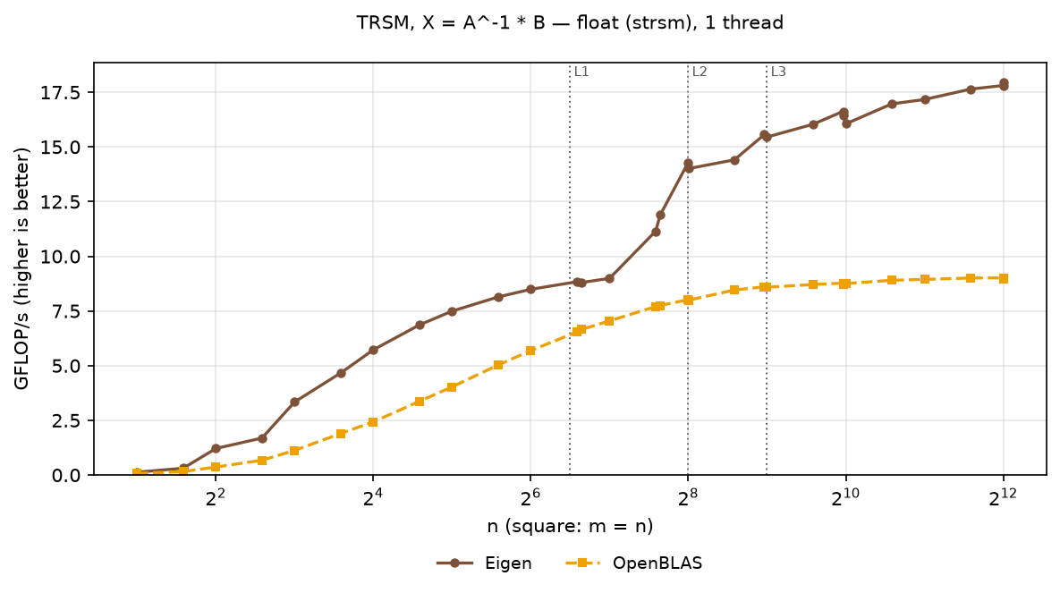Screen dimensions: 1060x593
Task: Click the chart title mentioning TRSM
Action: coord(570,23)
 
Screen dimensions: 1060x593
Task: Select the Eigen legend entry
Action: coord(484,563)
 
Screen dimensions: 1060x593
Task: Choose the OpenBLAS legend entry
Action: coord(633,563)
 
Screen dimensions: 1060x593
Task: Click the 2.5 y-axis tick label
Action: coord(66,420)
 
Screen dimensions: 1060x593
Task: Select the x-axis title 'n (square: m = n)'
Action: coord(570,526)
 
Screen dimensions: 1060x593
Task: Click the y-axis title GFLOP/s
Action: coord(22,269)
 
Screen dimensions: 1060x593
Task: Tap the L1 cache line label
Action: coord(581,72)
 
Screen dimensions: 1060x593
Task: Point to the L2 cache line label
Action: coord(699,72)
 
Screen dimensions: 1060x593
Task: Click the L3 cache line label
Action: coord(778,72)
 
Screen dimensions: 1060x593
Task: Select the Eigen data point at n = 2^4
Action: coord(373,350)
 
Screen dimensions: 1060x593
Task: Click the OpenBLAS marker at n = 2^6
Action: coord(530,351)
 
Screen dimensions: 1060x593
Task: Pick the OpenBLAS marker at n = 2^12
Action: coord(1004,278)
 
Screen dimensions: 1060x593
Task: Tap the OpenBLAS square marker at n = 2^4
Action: coord(373,422)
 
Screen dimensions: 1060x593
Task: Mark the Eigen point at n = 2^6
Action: coord(530,289)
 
